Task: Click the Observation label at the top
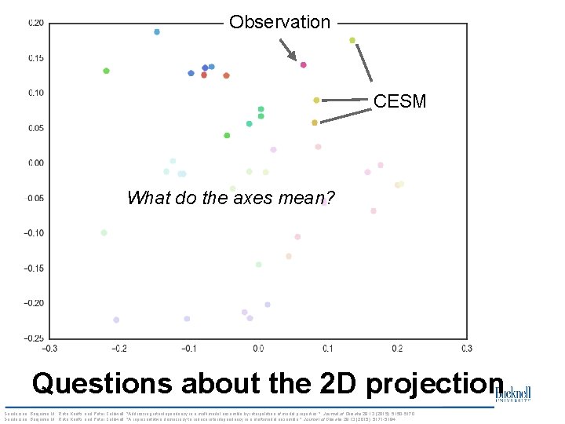279,22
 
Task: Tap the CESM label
399,101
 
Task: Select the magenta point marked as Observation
304,65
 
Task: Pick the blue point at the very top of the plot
157,32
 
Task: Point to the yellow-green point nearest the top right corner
352,40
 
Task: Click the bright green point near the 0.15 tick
106,71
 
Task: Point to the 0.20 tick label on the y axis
36,23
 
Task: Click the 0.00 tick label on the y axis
36,163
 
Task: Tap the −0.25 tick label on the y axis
35,338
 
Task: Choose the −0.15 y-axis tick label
35,268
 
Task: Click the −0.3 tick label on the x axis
49,349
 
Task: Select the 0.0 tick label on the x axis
257,349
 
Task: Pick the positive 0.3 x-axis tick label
466,349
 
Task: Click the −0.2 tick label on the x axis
118,349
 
